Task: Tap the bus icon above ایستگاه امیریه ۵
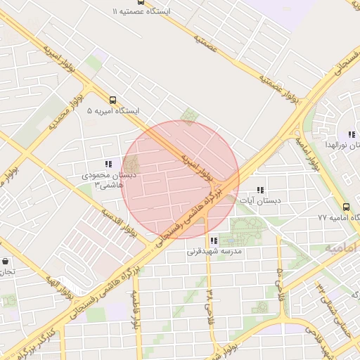tap(113, 100)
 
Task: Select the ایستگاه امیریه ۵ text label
tap(113, 112)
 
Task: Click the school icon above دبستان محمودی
tap(108, 164)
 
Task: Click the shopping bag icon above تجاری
tap(5, 260)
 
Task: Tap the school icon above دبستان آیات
tap(260, 190)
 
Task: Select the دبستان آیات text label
tap(260, 201)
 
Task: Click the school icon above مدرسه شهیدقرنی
tap(214, 240)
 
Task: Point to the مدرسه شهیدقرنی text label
tap(214, 251)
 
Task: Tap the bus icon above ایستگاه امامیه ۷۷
tap(346, 207)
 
